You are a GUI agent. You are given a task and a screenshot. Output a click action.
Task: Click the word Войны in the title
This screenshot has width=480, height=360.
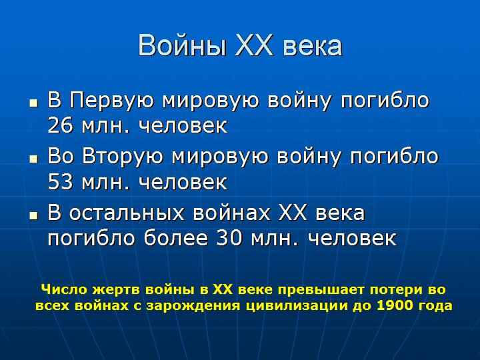pos(183,46)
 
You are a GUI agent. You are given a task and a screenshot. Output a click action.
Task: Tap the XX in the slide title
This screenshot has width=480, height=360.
pos(255,46)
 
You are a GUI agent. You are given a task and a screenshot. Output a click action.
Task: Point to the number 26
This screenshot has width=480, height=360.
pos(60,125)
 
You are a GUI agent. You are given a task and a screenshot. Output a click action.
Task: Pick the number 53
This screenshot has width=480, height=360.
pos(60,182)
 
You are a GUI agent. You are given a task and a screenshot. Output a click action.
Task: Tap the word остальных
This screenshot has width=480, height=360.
pos(127,213)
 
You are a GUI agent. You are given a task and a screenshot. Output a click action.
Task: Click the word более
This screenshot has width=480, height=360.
pos(176,237)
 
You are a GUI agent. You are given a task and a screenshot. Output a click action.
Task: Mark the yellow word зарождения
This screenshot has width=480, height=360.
pos(193,306)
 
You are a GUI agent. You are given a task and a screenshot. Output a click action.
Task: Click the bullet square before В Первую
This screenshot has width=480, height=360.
pos(34,103)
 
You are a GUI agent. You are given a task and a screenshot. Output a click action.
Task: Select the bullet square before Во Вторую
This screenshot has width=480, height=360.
pos(34,159)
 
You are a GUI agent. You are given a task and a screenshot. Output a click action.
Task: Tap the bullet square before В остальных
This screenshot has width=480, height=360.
pos(34,215)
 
